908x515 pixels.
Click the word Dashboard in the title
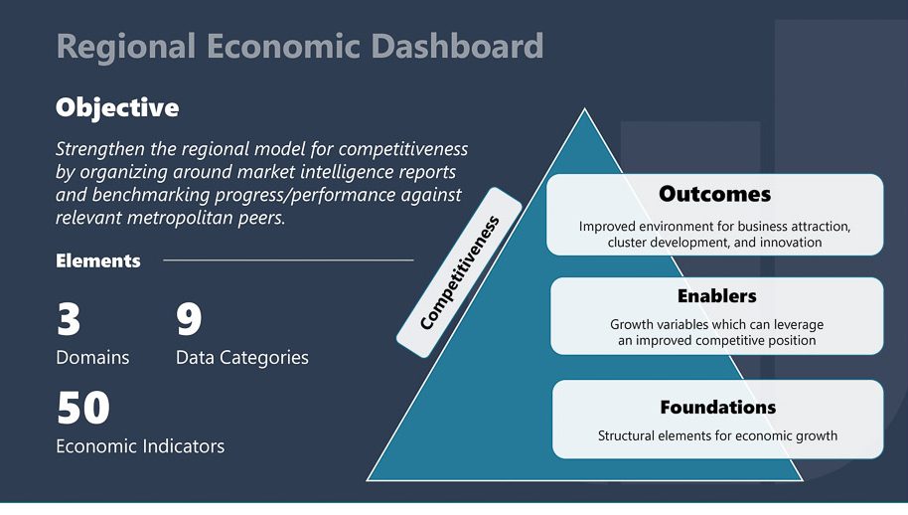point(457,46)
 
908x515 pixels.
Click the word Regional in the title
point(126,48)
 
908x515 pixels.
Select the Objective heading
point(117,108)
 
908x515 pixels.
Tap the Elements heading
point(98,260)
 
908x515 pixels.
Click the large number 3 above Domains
point(69,319)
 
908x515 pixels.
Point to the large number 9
point(189,319)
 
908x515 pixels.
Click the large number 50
point(83,408)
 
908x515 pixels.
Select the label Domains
point(92,358)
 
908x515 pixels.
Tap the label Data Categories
point(242,358)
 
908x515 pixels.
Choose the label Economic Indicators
point(140,446)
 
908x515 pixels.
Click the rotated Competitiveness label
point(459,272)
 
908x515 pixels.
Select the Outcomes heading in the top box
point(714,194)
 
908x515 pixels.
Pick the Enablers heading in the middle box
point(717,296)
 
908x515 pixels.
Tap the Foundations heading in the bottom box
point(718,408)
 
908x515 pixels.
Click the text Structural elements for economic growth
point(717,435)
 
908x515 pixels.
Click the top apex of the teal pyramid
point(584,109)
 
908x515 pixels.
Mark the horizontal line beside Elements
point(288,260)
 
